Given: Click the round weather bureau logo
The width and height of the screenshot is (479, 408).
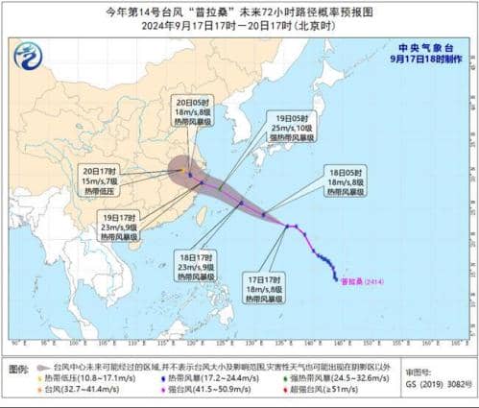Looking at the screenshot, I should [x=29, y=58].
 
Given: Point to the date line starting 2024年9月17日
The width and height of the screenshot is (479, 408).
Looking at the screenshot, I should [x=239, y=26].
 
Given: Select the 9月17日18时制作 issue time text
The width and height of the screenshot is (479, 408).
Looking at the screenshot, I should [x=425, y=58].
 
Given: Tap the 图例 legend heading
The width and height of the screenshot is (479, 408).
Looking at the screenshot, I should [x=17, y=368].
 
